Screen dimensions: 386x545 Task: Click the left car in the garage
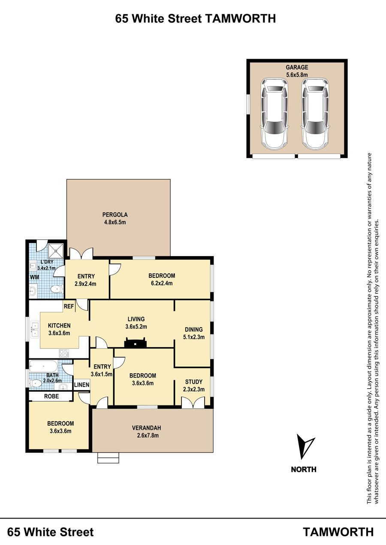click(274, 114)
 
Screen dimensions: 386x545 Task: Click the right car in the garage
click(315, 114)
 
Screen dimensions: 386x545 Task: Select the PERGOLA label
click(115, 214)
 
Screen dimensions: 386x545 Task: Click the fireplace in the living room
click(136, 343)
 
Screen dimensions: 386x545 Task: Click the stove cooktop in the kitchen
click(64, 353)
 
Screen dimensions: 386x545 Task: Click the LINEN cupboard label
click(81, 384)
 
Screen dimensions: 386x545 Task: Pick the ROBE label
click(51, 396)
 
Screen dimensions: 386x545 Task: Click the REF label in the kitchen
click(69, 306)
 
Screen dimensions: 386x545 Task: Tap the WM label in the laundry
click(34, 277)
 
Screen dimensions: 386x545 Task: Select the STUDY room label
click(194, 382)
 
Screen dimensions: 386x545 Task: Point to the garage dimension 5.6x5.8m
click(297, 74)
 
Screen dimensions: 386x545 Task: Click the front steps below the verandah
click(109, 458)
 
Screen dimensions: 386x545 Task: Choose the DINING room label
click(194, 329)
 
